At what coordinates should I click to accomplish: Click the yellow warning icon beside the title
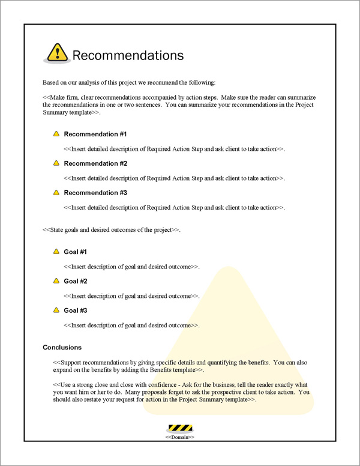point(57,53)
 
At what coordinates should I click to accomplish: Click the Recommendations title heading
point(127,56)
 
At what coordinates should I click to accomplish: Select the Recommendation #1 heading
point(95,134)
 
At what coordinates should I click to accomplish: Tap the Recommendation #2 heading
point(95,163)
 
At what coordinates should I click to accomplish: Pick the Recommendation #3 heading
point(95,193)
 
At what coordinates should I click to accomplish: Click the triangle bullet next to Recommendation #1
point(56,134)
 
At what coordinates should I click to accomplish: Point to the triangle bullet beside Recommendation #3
point(56,193)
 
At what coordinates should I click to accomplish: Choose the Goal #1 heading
point(76,252)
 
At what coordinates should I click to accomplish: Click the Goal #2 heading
point(76,281)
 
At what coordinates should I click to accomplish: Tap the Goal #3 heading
point(76,310)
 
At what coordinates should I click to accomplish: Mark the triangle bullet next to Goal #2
point(56,281)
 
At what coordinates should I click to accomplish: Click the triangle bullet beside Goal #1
point(56,252)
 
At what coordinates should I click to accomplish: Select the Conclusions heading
point(62,348)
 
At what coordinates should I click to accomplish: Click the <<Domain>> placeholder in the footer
point(179,438)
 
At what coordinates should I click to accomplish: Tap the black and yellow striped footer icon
point(179,428)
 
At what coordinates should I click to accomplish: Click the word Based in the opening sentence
point(51,82)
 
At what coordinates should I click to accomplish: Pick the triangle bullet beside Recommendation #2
point(56,163)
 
